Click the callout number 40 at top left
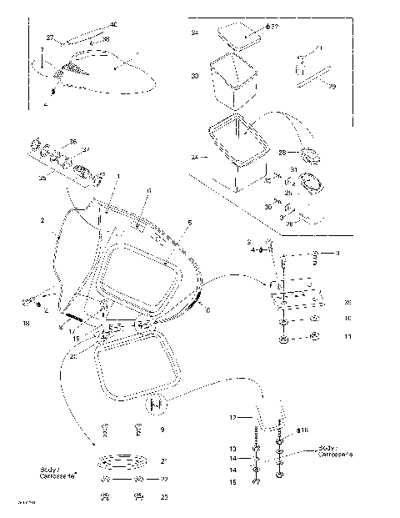pyautogui.click(x=113, y=25)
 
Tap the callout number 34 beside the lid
pyautogui.click(x=194, y=33)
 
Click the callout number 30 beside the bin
pyautogui.click(x=194, y=77)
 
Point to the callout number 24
pyautogui.click(x=194, y=157)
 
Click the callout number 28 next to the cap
pyautogui.click(x=281, y=153)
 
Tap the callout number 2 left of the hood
pyautogui.click(x=42, y=220)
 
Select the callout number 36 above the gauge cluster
pyautogui.click(x=72, y=142)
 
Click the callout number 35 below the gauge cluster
pyautogui.click(x=43, y=178)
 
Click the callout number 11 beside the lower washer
pyautogui.click(x=347, y=337)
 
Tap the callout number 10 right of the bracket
pyautogui.click(x=347, y=318)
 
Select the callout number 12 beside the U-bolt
pyautogui.click(x=234, y=415)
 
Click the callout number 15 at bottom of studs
pyautogui.click(x=234, y=482)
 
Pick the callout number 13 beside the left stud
pyautogui.click(x=234, y=448)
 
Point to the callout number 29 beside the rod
pyautogui.click(x=332, y=86)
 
